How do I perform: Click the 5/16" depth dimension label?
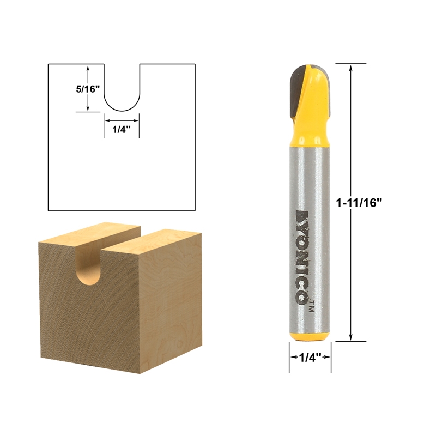coord(87,89)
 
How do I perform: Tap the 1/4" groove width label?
coord(122,130)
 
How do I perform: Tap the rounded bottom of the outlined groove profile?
coord(122,107)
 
